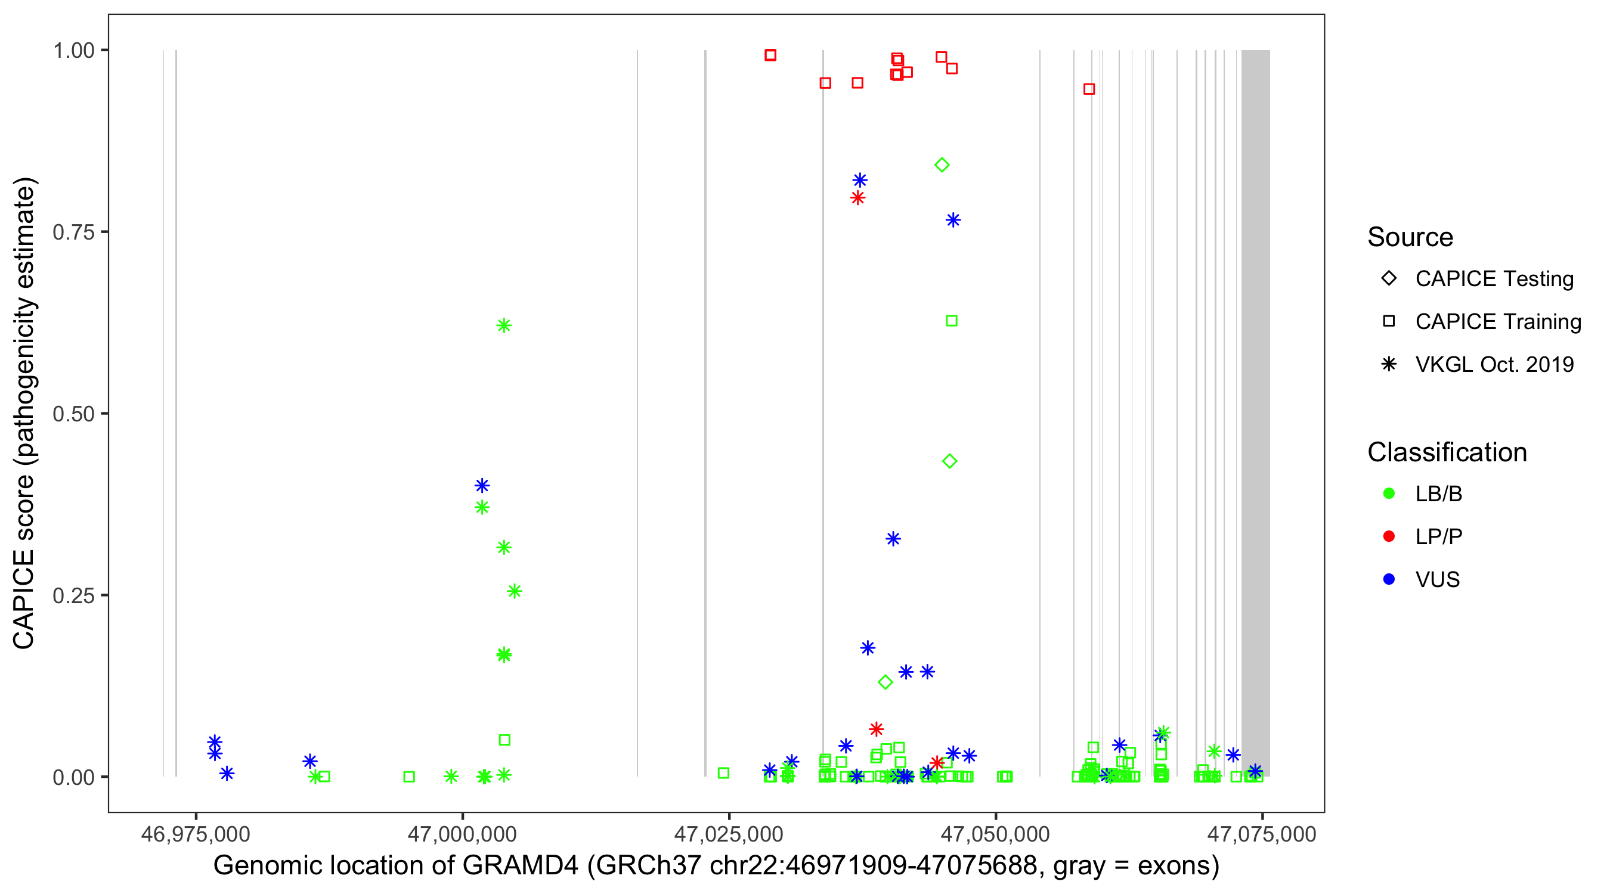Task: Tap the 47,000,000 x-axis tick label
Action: [x=462, y=834]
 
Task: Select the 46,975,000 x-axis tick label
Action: [x=196, y=834]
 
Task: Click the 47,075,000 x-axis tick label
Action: [x=1261, y=834]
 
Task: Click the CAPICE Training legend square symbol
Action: [x=1389, y=322]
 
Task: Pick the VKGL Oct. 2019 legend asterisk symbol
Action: [x=1389, y=364]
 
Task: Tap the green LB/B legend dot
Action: [x=1389, y=493]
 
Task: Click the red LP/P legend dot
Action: [x=1389, y=536]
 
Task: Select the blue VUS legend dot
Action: [x=1389, y=579]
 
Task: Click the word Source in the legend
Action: [x=1410, y=237]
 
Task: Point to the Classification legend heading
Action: [x=1447, y=452]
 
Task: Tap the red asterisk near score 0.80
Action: [x=857, y=198]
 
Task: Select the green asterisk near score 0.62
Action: [x=504, y=325]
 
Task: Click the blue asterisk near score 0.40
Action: [x=482, y=485]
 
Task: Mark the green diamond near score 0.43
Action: [x=949, y=461]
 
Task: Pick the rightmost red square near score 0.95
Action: [x=1089, y=89]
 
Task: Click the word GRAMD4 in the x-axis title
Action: [x=520, y=866]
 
